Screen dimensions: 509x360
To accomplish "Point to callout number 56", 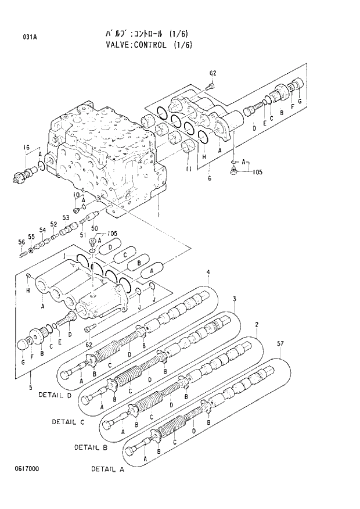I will (20, 242).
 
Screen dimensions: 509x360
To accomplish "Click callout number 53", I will (66, 218).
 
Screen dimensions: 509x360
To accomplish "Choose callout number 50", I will (94, 228).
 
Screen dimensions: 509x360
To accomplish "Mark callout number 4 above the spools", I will (207, 273).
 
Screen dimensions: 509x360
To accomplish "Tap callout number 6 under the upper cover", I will (208, 178).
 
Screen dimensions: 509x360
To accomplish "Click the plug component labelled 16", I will (24, 174).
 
